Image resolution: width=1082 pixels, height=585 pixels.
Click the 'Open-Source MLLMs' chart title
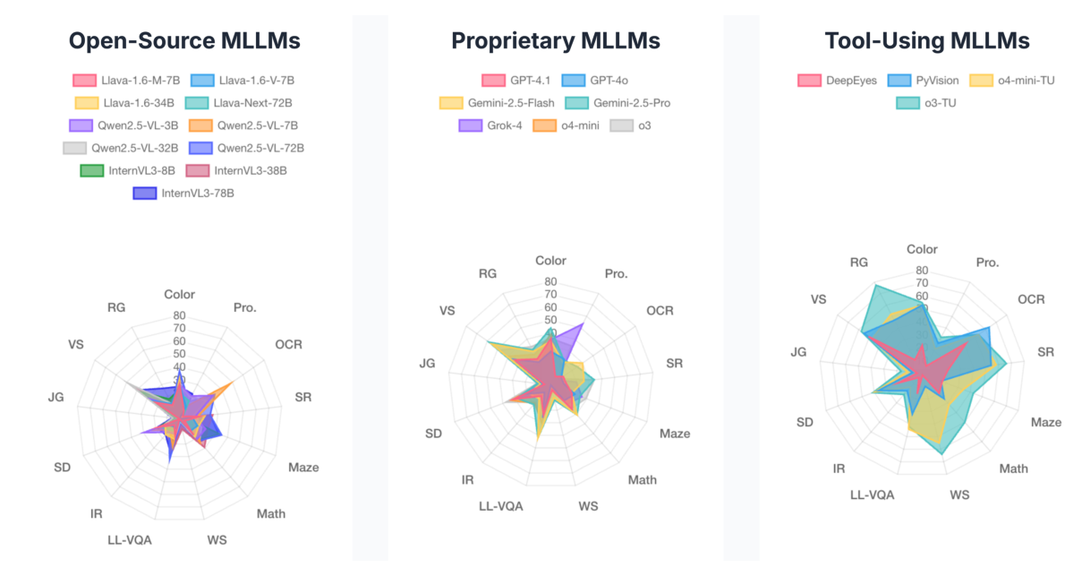184,41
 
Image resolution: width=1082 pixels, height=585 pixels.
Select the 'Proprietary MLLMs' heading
555,41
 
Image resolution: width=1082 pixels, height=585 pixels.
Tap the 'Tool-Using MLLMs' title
926,41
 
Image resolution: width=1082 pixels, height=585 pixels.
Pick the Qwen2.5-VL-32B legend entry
123,148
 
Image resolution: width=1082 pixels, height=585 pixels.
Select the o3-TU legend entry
926,103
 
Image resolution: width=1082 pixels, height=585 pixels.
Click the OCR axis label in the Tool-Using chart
1031,299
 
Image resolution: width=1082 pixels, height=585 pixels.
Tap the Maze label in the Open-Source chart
302,468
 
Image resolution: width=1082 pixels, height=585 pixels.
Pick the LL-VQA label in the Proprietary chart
500,506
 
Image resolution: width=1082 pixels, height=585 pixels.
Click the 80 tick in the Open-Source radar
179,315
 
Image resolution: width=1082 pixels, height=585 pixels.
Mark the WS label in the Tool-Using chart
959,495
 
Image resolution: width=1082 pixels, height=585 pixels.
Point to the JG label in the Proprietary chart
427,363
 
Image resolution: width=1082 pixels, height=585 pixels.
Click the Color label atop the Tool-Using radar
922,250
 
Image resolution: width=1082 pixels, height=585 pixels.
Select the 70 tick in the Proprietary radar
550,295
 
